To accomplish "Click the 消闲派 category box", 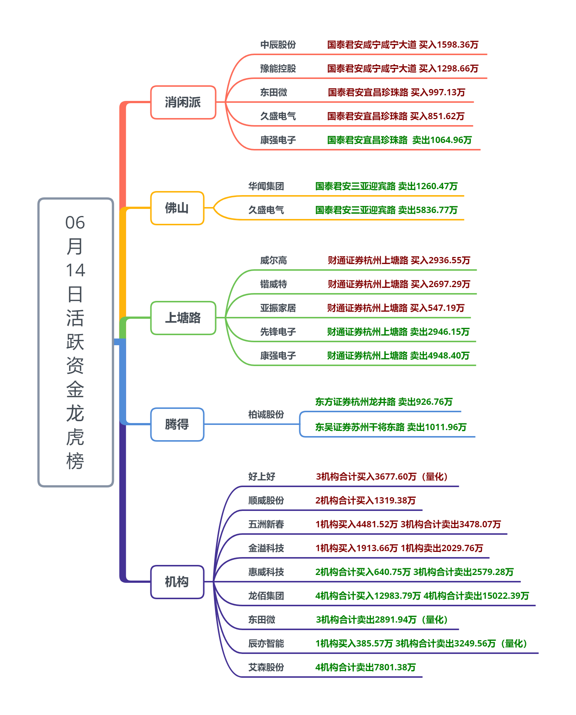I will [x=183, y=102].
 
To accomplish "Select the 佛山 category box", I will [x=177, y=208].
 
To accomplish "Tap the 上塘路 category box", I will [x=183, y=318].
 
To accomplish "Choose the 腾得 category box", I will [x=177, y=425].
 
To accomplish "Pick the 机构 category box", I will [x=177, y=582].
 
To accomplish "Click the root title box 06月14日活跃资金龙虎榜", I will [x=76, y=342].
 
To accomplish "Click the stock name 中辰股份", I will [x=278, y=45].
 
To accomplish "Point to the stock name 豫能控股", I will [x=278, y=69].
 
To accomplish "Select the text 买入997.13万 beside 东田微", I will [x=438, y=93].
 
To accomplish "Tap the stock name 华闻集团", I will [x=266, y=187].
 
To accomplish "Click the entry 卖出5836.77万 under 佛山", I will [x=428, y=210].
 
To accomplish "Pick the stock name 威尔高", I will [x=273, y=261].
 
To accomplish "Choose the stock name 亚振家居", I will [x=278, y=308].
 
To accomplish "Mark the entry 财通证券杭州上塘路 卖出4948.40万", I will [x=398, y=356].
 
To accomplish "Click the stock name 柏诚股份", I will [x=266, y=415].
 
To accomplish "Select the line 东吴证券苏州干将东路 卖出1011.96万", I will [x=391, y=428].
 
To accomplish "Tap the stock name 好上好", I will [x=262, y=477].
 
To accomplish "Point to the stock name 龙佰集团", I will [x=266, y=596].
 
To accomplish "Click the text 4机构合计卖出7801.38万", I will [x=365, y=668].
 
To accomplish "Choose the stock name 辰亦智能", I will [x=266, y=644].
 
